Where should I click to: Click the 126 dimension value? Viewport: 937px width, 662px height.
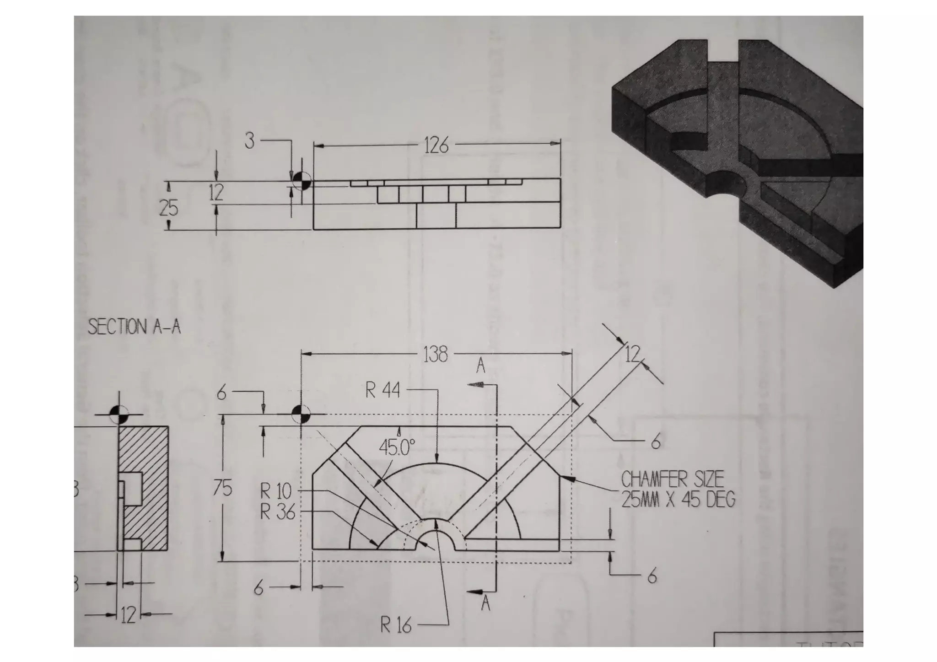(x=436, y=146)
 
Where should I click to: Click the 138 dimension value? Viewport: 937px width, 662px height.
(x=435, y=355)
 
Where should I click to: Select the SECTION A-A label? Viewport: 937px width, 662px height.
(x=134, y=327)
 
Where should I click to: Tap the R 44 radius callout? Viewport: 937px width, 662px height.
(x=382, y=391)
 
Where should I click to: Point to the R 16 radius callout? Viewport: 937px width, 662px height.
(x=396, y=625)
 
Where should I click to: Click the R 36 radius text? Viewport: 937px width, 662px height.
(x=277, y=512)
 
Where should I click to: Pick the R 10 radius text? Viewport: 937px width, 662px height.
(x=275, y=491)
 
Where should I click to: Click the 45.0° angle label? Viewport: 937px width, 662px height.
(x=397, y=447)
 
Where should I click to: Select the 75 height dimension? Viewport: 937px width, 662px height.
(x=223, y=489)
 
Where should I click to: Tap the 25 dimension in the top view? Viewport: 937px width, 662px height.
(x=168, y=209)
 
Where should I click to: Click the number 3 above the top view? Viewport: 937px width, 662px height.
(x=249, y=141)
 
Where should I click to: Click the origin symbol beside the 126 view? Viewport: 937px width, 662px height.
(x=301, y=181)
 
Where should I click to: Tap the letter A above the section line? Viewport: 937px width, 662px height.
(x=480, y=366)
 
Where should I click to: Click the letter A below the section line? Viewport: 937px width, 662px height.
(x=485, y=604)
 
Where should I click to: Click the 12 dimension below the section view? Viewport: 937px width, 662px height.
(x=129, y=615)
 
